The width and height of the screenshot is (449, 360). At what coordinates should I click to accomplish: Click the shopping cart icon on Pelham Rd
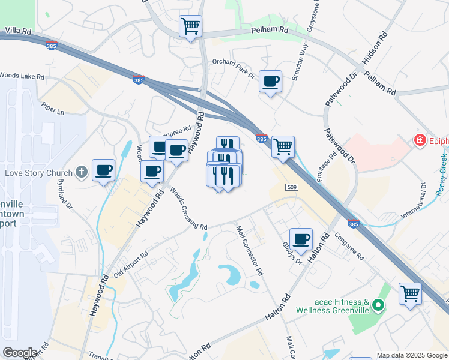pyautogui.click(x=191, y=26)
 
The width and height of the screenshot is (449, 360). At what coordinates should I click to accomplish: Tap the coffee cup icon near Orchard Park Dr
pyautogui.click(x=270, y=81)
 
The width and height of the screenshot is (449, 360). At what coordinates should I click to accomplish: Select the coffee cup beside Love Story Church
pyautogui.click(x=103, y=170)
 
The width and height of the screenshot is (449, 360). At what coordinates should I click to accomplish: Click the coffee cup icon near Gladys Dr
pyautogui.click(x=301, y=239)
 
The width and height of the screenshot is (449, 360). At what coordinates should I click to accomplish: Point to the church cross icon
pyautogui.click(x=82, y=173)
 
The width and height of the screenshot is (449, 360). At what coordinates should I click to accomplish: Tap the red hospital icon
pyautogui.click(x=420, y=140)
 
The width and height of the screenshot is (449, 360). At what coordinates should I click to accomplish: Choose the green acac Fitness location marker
pyautogui.click(x=378, y=306)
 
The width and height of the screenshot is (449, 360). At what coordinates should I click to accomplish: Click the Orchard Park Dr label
pyautogui.click(x=234, y=67)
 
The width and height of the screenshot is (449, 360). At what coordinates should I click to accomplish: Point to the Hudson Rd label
pyautogui.click(x=375, y=49)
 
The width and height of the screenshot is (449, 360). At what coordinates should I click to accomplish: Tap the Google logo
pyautogui.click(x=19, y=353)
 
